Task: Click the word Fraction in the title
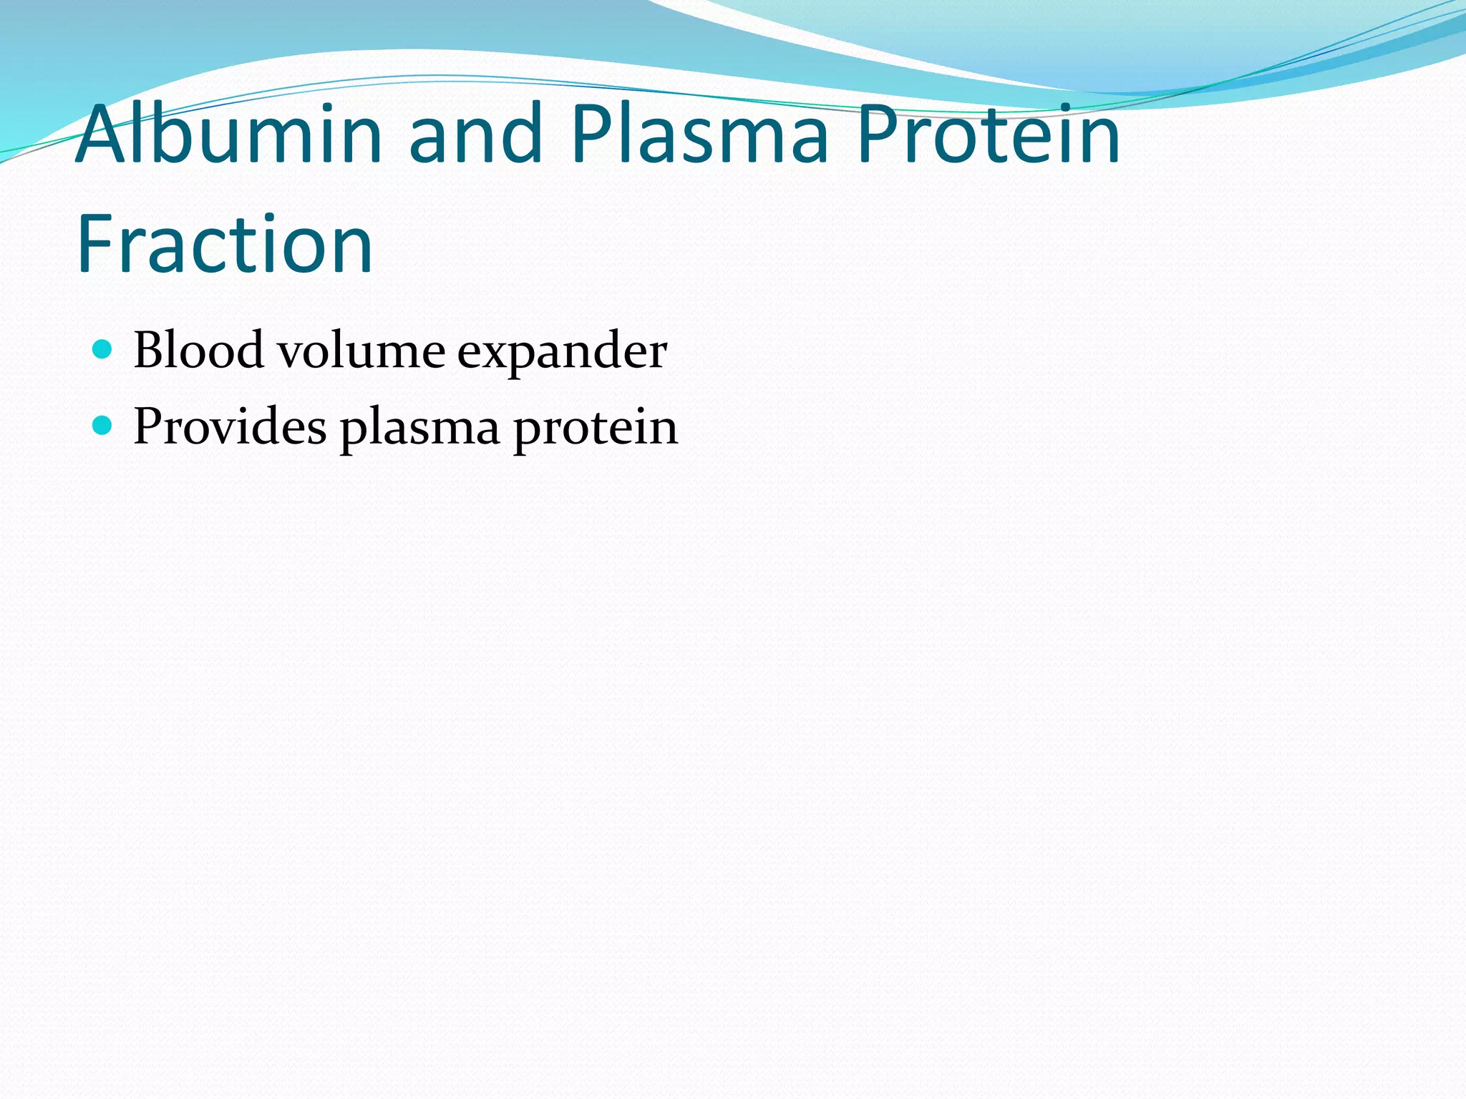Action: pyautogui.click(x=225, y=245)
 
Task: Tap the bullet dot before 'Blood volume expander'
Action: pyautogui.click(x=103, y=349)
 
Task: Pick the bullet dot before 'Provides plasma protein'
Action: pyautogui.click(x=103, y=426)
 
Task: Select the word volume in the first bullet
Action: pyautogui.click(x=361, y=351)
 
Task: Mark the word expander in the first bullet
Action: pyautogui.click(x=562, y=352)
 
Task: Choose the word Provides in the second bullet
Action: pyautogui.click(x=230, y=427)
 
